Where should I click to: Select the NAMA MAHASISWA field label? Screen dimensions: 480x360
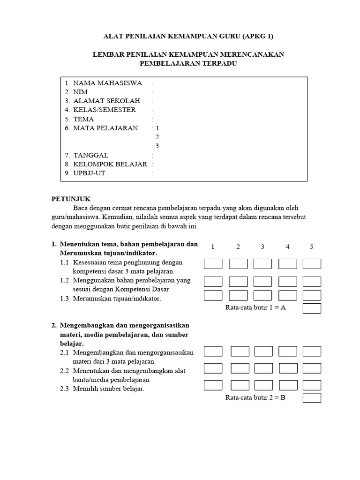(x=107, y=83)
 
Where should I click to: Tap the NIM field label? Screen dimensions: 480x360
(x=80, y=92)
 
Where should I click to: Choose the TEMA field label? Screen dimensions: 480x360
(x=83, y=119)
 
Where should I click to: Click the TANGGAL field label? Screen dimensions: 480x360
(x=90, y=155)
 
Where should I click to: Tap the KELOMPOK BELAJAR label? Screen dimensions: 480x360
(x=110, y=164)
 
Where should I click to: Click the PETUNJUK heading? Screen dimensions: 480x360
(x=71, y=199)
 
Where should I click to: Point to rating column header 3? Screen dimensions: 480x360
(x=262, y=247)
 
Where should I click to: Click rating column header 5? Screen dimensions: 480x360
(x=312, y=247)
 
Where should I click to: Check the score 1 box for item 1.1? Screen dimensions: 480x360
(x=213, y=264)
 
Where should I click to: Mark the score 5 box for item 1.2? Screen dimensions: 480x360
(x=312, y=281)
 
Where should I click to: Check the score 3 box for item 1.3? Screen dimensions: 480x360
(x=262, y=295)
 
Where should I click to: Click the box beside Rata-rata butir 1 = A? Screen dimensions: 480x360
(x=312, y=308)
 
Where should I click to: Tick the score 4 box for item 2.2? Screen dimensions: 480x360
(x=287, y=368)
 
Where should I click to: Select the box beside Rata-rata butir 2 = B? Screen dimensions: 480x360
(x=312, y=398)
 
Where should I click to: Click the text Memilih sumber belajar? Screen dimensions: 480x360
(x=108, y=389)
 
